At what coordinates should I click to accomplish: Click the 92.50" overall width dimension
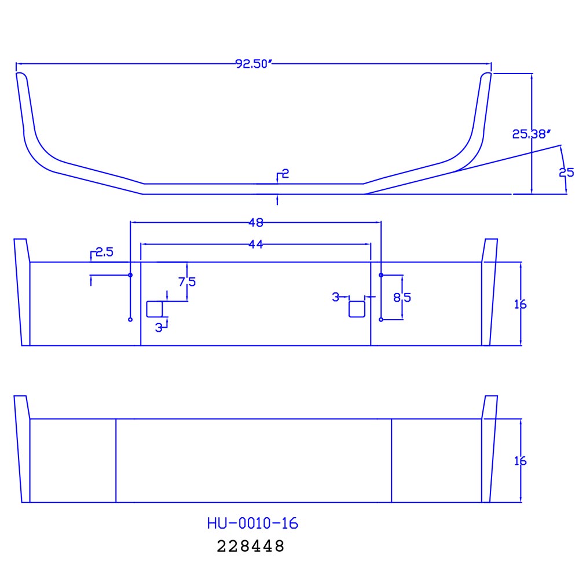[x=253, y=64]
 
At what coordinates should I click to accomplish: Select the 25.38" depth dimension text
[x=530, y=134]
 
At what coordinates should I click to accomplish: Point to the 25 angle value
[x=566, y=173]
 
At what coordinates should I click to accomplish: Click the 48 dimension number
[x=256, y=222]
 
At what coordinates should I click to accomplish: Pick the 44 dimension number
[x=256, y=245]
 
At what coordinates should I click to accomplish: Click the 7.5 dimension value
[x=187, y=282]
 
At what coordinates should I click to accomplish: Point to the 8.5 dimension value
[x=402, y=298]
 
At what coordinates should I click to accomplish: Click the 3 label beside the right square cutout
[x=335, y=297]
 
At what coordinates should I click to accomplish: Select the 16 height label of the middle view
[x=520, y=304]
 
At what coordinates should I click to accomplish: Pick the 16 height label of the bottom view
[x=520, y=461]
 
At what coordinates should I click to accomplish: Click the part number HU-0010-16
[x=252, y=523]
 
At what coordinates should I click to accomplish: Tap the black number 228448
[x=251, y=546]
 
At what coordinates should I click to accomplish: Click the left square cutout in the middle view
[x=154, y=309]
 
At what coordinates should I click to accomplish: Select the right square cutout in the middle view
[x=357, y=309]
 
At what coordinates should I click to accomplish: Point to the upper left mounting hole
[x=130, y=274]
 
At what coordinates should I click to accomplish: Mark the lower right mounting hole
[x=381, y=320]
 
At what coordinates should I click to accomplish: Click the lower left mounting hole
[x=130, y=320]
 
